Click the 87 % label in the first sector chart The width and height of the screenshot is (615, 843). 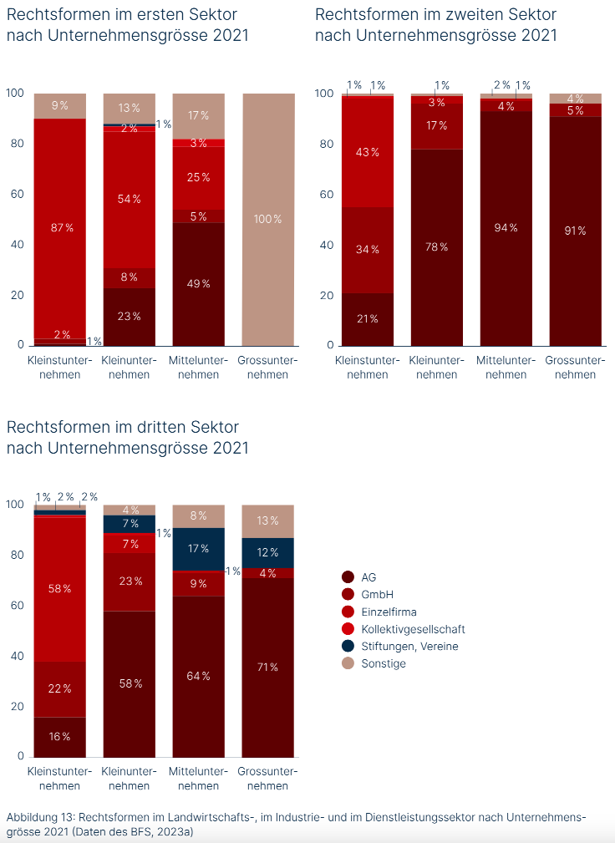[60, 227]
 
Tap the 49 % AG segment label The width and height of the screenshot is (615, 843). [198, 283]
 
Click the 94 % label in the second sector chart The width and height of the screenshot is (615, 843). [506, 227]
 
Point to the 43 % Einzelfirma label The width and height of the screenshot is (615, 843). [368, 152]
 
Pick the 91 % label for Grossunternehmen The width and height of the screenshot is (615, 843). [576, 231]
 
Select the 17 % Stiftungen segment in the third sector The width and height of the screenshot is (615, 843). [198, 549]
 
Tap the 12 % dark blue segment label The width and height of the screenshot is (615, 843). [267, 552]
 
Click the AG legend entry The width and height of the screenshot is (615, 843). [368, 576]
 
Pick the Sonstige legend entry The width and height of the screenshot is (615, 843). [384, 663]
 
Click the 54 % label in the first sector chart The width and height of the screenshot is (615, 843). [129, 199]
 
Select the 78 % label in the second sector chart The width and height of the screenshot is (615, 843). [437, 246]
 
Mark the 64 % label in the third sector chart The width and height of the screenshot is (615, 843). [198, 676]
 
